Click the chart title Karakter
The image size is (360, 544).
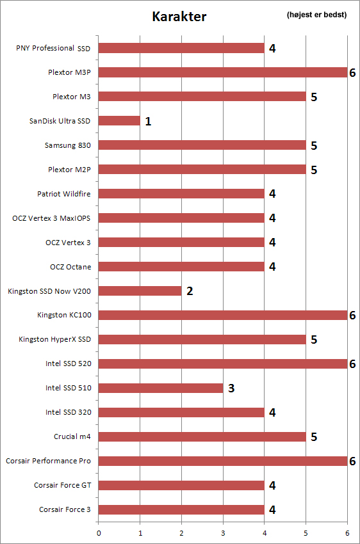click(179, 16)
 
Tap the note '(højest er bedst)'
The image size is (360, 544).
click(316, 15)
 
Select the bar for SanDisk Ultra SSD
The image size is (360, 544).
click(119, 121)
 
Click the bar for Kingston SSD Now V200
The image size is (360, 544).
click(140, 291)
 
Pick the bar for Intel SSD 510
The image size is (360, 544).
click(161, 388)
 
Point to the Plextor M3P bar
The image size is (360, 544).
click(223, 72)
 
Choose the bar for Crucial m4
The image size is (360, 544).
click(202, 436)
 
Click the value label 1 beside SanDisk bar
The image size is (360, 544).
click(148, 121)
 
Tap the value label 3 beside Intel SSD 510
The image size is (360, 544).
click(231, 388)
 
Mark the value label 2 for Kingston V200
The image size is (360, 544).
click(190, 291)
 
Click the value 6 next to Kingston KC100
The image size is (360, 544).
click(352, 315)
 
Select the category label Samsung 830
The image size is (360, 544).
click(68, 145)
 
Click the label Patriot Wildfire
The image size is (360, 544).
click(64, 193)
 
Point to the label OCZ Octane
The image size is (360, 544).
click(70, 267)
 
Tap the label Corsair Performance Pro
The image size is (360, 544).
click(48, 461)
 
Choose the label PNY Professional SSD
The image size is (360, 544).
click(53, 48)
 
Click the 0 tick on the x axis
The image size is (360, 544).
click(99, 533)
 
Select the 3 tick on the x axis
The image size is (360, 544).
click(223, 533)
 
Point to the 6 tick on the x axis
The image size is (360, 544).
click(347, 533)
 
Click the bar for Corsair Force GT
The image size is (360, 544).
click(181, 485)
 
